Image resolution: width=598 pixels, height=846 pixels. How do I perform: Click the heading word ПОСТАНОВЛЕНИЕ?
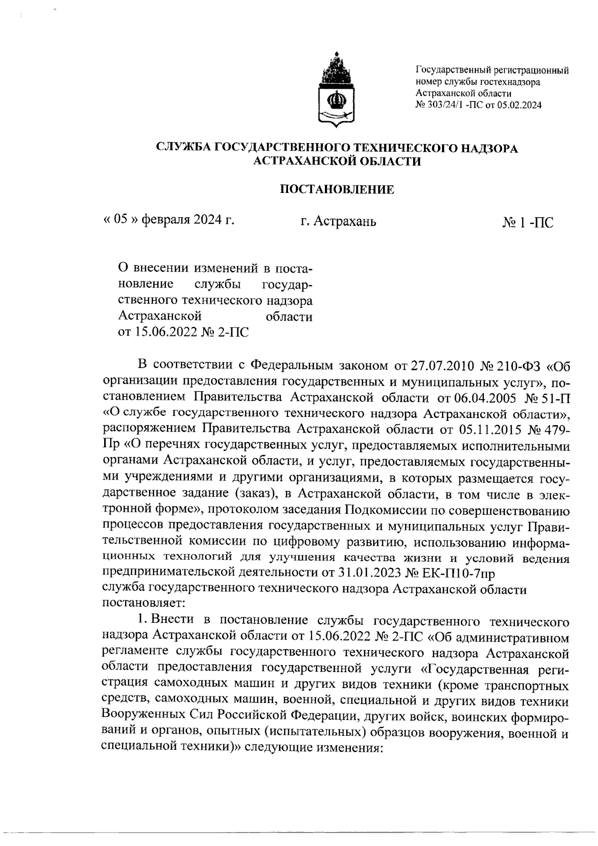[x=336, y=189]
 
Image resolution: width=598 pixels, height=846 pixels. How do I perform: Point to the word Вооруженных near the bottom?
[x=144, y=716]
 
